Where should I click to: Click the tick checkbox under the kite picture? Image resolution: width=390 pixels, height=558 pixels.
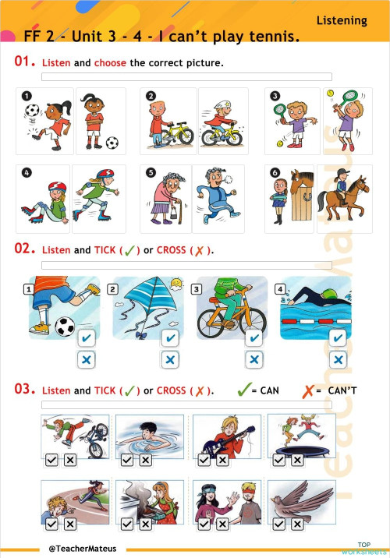click(x=169, y=338)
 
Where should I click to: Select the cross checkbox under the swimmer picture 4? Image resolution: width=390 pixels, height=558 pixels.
click(x=338, y=359)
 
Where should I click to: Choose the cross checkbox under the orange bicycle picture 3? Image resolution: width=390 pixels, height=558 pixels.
click(x=253, y=359)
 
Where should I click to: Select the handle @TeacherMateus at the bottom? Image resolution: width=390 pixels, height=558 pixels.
click(x=82, y=548)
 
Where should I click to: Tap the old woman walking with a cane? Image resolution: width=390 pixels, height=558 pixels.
click(x=164, y=201)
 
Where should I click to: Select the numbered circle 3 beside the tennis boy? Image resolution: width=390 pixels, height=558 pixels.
click(x=275, y=97)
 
